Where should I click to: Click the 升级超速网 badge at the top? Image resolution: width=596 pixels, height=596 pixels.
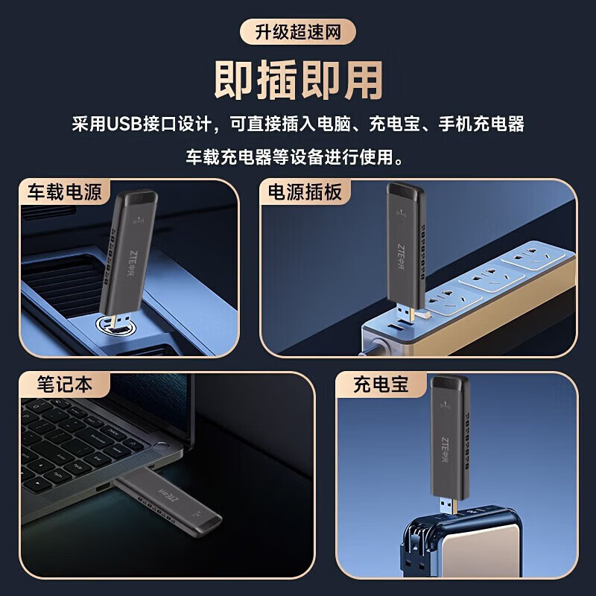298,32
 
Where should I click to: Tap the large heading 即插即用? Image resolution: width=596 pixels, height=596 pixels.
298,78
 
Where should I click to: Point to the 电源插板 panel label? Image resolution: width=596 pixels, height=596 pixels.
305,191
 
